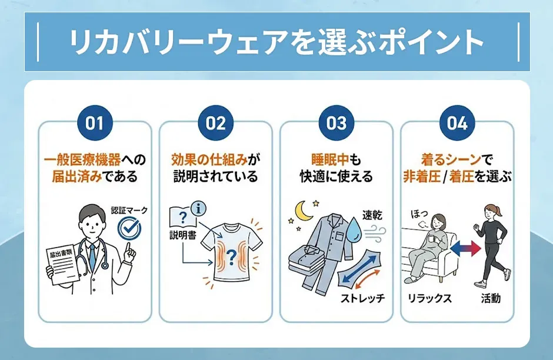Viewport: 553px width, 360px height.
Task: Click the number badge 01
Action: coord(94,123)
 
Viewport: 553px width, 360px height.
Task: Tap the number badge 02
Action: coord(215,123)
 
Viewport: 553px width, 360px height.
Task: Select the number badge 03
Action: coord(337,123)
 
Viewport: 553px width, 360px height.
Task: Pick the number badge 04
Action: coord(457,123)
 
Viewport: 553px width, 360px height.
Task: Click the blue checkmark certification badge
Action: coord(129,228)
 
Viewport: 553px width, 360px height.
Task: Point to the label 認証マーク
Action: coord(129,210)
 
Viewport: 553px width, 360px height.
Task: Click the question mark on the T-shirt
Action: coord(231,256)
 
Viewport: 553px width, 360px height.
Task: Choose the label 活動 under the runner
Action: coord(490,298)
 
